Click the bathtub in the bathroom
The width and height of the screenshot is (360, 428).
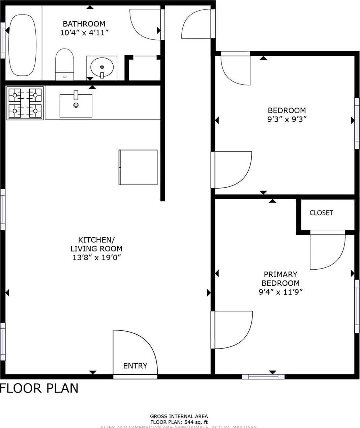click(x=22, y=45)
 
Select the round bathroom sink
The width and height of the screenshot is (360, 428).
click(x=102, y=67)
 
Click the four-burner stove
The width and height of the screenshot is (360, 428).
click(x=25, y=103)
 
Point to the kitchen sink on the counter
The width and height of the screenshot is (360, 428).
click(x=76, y=105)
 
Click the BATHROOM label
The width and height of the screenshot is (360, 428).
click(x=84, y=24)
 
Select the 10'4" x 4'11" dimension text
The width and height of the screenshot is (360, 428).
click(x=84, y=33)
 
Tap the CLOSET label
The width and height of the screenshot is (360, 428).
click(x=321, y=213)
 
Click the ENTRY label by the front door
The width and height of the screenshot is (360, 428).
click(x=135, y=366)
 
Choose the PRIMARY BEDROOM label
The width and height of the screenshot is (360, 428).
click(x=280, y=279)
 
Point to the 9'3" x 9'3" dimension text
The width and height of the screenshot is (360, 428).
click(x=287, y=119)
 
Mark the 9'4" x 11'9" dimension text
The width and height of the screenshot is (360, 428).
click(x=280, y=292)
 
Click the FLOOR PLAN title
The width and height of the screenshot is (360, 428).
click(x=39, y=388)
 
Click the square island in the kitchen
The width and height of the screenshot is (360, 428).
click(x=138, y=167)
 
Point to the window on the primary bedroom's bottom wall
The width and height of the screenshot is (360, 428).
click(x=263, y=376)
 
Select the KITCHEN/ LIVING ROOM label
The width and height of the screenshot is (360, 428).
click(x=96, y=244)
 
